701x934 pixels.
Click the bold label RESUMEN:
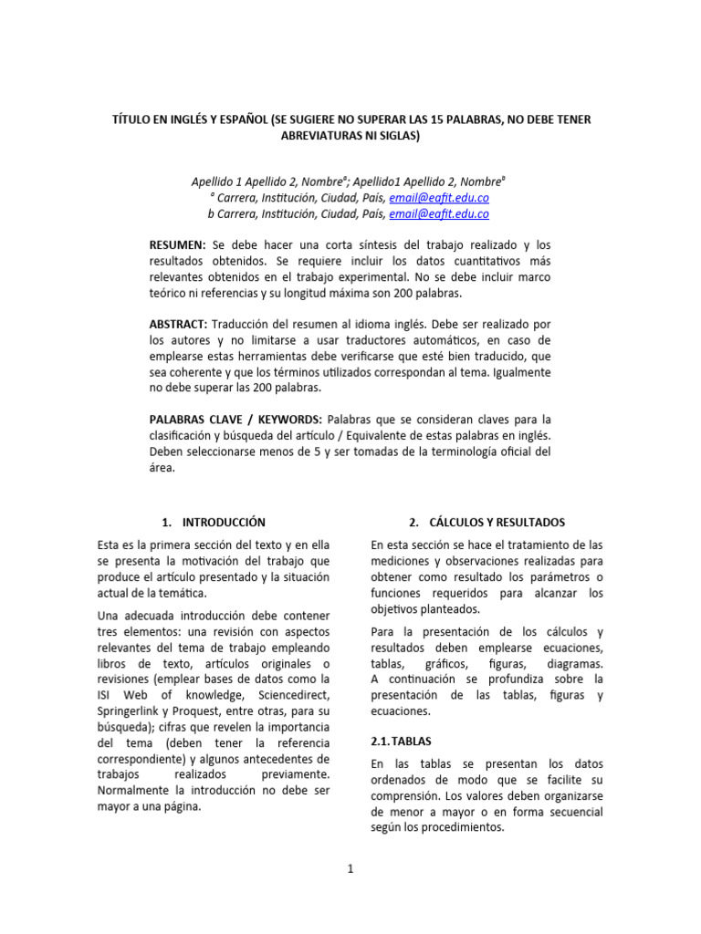pos(177,245)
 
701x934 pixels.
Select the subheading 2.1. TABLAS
pos(402,742)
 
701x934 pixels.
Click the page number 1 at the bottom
pos(350,869)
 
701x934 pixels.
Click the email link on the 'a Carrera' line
pos(439,197)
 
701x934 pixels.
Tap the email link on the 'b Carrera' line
pos(439,213)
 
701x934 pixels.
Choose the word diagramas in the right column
pos(573,664)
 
